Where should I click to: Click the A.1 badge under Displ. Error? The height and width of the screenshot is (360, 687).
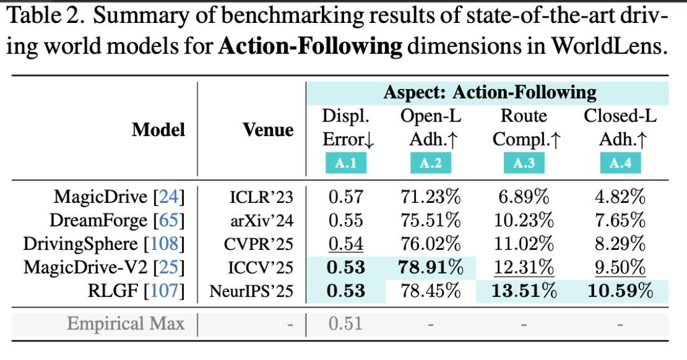(x=345, y=163)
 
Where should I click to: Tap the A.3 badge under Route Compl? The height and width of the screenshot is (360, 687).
(x=524, y=163)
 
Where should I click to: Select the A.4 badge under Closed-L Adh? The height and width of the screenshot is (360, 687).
(x=620, y=163)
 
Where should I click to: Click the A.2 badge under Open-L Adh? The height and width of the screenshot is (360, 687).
(x=431, y=163)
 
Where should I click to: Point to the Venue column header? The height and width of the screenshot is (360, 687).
(x=268, y=130)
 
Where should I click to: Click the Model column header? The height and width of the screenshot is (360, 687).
(x=158, y=130)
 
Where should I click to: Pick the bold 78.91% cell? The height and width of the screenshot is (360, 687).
(x=431, y=267)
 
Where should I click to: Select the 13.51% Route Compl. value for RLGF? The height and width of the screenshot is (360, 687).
(x=524, y=291)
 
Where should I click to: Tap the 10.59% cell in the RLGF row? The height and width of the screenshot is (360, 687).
(x=620, y=291)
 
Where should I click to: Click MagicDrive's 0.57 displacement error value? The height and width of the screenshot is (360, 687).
(x=345, y=197)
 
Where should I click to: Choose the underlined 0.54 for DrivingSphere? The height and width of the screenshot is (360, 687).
(x=345, y=244)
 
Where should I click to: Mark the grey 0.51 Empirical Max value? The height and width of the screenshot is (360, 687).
(x=345, y=324)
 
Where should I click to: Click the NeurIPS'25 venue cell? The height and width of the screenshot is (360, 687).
(x=251, y=291)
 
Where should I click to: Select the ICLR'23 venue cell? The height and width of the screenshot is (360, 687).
(x=261, y=197)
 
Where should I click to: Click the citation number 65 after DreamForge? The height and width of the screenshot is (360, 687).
(x=169, y=220)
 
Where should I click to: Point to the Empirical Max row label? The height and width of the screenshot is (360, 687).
(x=126, y=324)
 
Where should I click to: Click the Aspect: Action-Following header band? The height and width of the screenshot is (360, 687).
(x=487, y=93)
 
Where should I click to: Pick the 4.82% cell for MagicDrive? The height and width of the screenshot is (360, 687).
(x=620, y=197)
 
